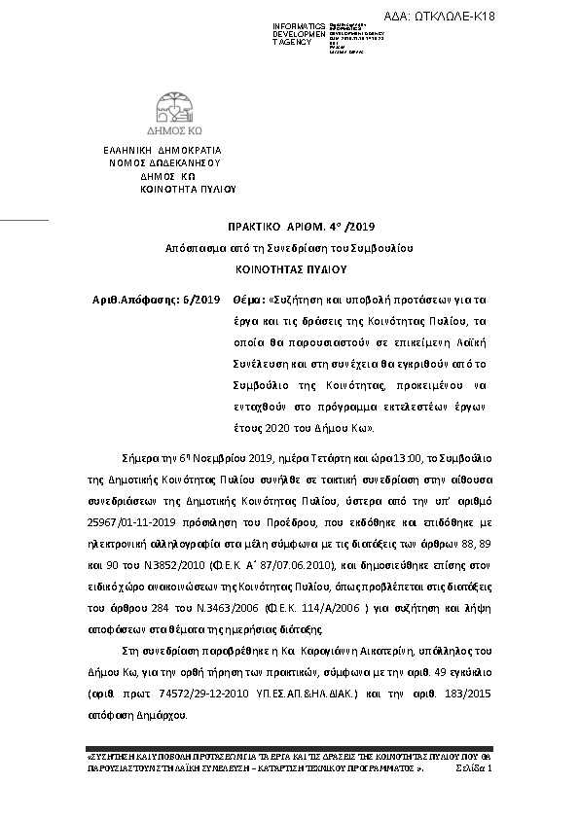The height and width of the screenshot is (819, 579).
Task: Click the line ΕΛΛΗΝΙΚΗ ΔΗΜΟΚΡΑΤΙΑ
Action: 163,150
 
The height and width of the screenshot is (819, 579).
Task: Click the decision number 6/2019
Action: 201,300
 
